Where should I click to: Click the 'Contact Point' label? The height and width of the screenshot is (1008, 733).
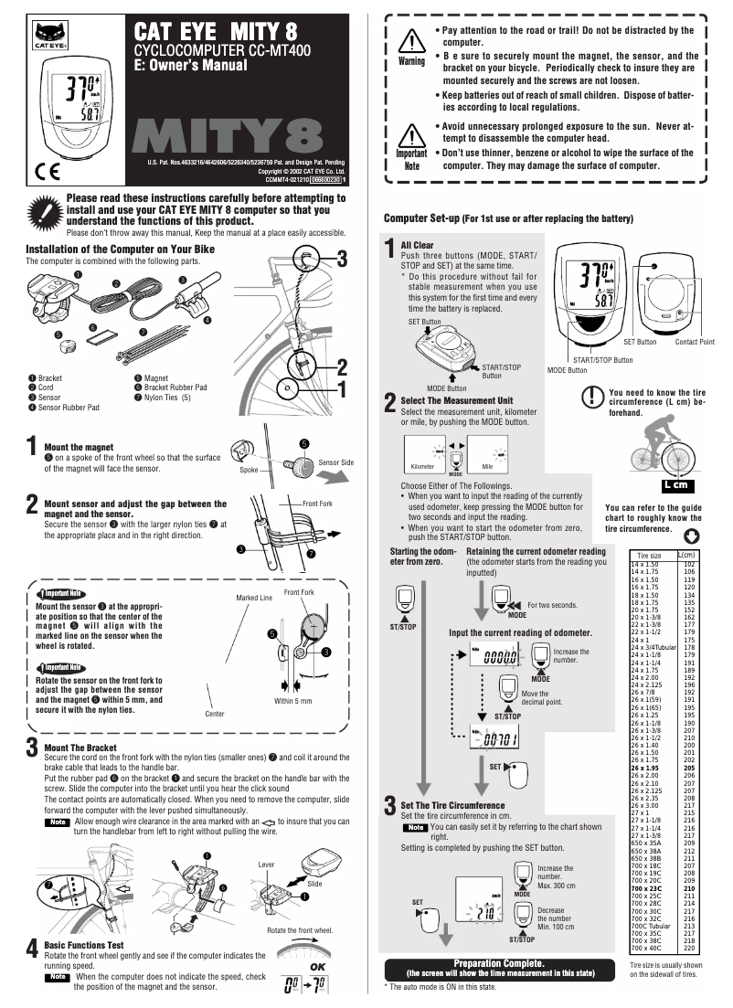point(695,342)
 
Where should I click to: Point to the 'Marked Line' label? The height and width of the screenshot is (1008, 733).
point(254,598)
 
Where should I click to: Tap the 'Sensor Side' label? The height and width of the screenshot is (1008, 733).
point(335,463)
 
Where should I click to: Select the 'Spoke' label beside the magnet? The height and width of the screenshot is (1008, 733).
point(250,470)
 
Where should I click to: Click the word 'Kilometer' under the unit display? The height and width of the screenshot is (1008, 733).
point(422,466)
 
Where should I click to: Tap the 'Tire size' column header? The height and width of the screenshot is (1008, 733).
point(649,556)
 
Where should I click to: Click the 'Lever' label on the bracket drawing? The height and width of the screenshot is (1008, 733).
point(266,864)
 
